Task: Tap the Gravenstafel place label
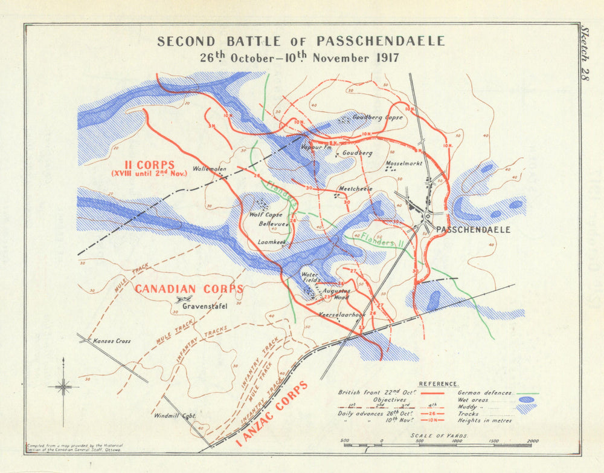tap(204, 307)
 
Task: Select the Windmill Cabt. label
tap(175, 416)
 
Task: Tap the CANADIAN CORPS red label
tap(188, 289)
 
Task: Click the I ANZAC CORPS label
tap(271, 414)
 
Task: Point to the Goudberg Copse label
tap(377, 117)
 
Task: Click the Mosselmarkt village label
tap(403, 163)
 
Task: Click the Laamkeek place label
tap(271, 242)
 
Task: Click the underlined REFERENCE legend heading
tap(439, 384)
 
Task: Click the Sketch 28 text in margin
tap(584, 54)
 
